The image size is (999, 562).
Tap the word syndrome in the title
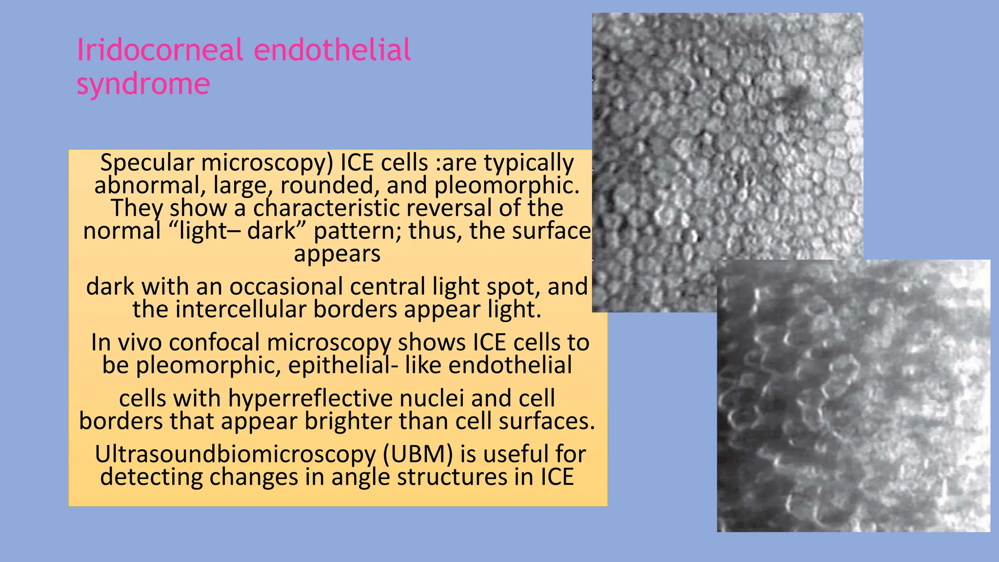[143, 84]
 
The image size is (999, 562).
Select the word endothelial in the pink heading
[333, 50]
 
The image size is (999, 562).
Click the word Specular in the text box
[147, 162]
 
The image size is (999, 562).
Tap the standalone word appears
[337, 254]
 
